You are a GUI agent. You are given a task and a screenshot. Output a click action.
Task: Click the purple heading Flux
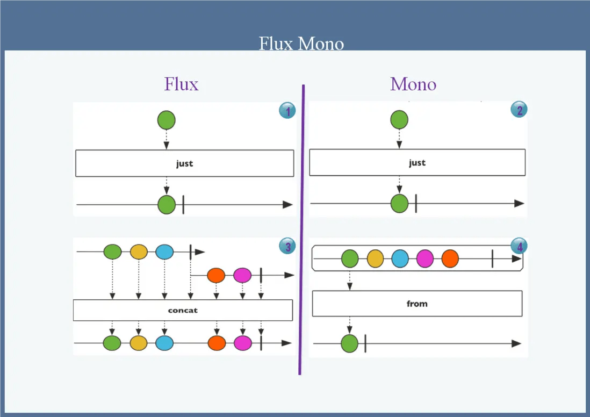point(181,84)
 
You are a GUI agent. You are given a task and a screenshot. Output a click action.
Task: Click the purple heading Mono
point(413,84)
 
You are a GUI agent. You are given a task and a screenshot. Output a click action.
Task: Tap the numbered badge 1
point(287,111)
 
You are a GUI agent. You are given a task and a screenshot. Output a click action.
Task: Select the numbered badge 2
point(519,110)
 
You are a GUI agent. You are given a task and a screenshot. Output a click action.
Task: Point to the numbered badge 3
point(287,247)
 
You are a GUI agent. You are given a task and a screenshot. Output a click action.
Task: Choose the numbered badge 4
point(519,247)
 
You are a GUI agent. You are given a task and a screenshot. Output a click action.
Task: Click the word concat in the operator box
point(183,310)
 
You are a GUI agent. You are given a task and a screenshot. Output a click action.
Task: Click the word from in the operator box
point(417,304)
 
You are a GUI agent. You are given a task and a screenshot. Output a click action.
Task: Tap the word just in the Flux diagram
point(184,163)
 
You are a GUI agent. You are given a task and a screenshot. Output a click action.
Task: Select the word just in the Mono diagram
point(417,163)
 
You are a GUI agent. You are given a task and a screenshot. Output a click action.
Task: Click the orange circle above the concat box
point(216,275)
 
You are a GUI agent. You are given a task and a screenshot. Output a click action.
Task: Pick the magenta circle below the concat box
point(242,343)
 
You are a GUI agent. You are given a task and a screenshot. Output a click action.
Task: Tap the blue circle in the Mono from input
point(400,259)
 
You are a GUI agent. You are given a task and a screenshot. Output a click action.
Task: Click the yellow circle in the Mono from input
point(375,259)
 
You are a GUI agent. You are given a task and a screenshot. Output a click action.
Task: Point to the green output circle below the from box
point(349,343)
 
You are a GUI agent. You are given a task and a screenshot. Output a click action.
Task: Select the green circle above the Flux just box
point(166,120)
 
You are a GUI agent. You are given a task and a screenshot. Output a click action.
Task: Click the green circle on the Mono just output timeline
point(399,204)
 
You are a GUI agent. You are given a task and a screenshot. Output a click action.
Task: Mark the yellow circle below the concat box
point(139,343)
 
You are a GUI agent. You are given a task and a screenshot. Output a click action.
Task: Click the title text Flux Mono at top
point(301,43)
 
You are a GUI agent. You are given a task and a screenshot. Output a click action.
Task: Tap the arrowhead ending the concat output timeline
point(287,343)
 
